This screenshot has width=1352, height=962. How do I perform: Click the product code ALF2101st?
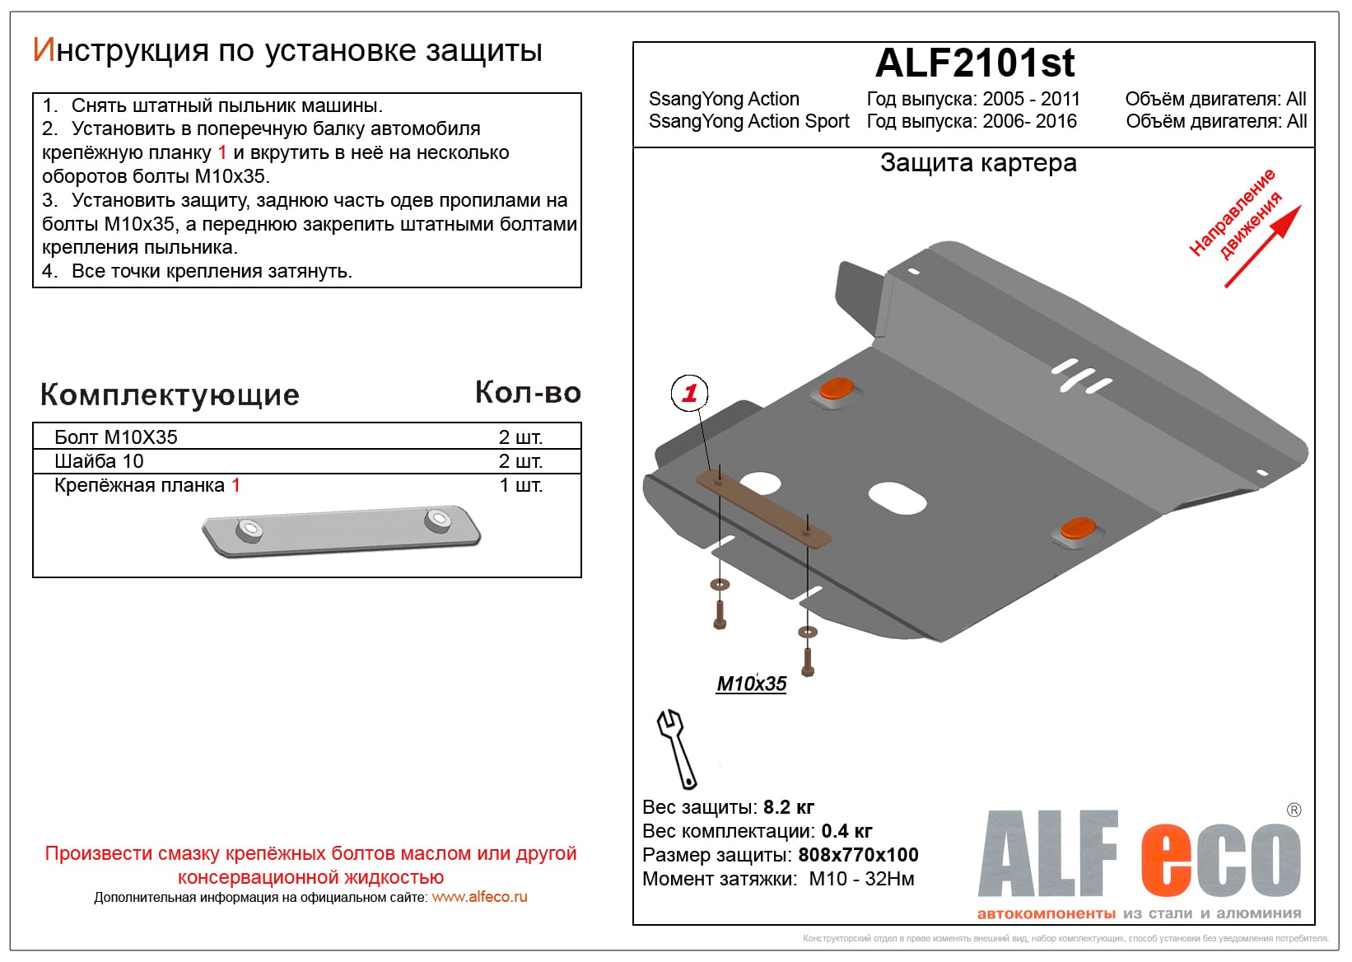pos(974,63)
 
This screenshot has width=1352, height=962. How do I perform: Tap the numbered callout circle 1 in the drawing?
pos(689,393)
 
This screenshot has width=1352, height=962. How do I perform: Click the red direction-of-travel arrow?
pos(1263,246)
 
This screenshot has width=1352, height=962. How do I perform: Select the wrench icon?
pos(676,749)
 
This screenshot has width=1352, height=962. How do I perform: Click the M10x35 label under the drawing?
pos(751,684)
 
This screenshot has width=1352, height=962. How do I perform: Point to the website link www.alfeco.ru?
pos(479,897)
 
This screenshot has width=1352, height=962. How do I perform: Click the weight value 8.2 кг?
pos(788,807)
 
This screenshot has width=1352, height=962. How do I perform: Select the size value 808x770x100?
pos(858,854)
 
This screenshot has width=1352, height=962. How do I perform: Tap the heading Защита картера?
pos(978,162)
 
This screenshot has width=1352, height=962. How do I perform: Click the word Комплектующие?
pos(170,395)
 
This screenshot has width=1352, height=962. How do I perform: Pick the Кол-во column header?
pos(528,392)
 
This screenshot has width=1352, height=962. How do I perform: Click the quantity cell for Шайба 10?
pos(520,461)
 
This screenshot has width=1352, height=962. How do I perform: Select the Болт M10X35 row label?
pos(116,437)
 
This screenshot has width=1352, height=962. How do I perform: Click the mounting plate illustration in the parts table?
pos(341,530)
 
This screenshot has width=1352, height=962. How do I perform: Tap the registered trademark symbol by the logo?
pos(1294,810)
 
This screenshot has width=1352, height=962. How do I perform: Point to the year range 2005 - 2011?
pos(1031,99)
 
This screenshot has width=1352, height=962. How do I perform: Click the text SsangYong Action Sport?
pos(748,121)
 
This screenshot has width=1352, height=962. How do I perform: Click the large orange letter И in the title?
pos(44,50)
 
